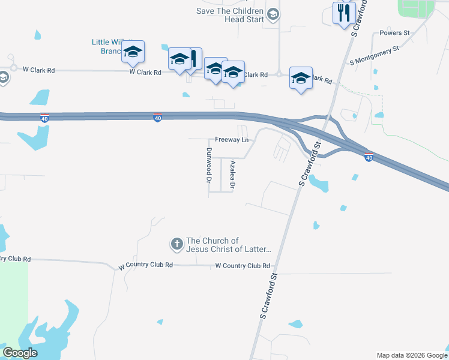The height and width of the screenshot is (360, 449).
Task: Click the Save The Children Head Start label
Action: pyautogui.click(x=230, y=16)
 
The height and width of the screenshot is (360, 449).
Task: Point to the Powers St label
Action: pyautogui.click(x=394, y=33)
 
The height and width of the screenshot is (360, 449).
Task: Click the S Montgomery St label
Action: pyautogui.click(x=375, y=55)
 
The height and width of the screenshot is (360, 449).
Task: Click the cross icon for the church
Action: pyautogui.click(x=176, y=244)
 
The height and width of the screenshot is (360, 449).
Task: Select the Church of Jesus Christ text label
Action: pyautogui.click(x=229, y=245)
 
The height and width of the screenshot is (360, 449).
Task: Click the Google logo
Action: pyautogui.click(x=20, y=353)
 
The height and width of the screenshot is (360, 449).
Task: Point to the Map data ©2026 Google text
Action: pyautogui.click(x=412, y=355)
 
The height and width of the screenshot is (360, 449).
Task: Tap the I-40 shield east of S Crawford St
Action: pyautogui.click(x=369, y=157)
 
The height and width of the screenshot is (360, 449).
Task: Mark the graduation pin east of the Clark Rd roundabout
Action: pyautogui.click(x=301, y=78)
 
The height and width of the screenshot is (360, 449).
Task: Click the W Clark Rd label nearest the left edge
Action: pyautogui.click(x=39, y=70)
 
